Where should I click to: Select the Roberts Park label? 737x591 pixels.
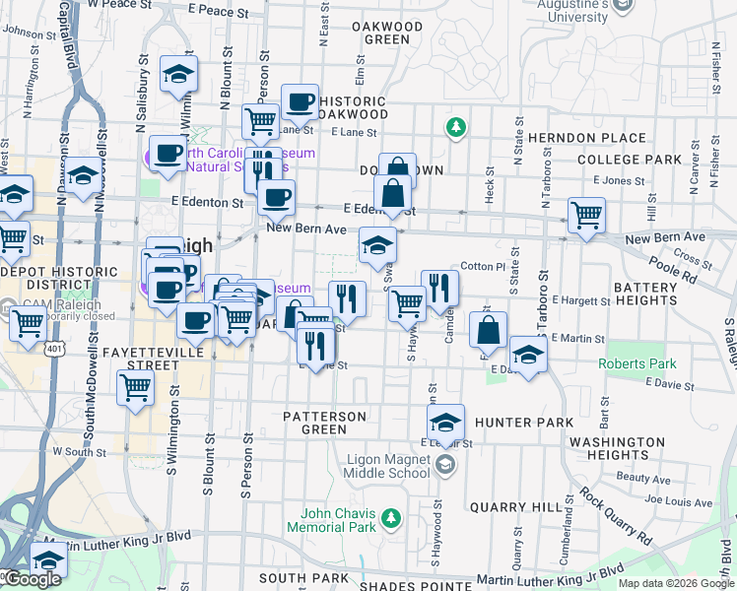click(632, 364)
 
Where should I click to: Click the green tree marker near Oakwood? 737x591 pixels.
click(454, 126)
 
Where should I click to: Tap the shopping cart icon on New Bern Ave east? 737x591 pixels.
click(586, 215)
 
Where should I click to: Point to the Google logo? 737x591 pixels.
click(32, 579)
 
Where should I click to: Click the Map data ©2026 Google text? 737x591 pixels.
click(675, 583)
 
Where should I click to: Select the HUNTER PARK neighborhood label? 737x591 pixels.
click(523, 423)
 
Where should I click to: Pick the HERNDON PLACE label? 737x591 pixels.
click(586, 139)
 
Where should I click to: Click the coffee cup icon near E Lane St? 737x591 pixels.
click(299, 101)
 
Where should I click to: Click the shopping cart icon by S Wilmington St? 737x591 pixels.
click(135, 387)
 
